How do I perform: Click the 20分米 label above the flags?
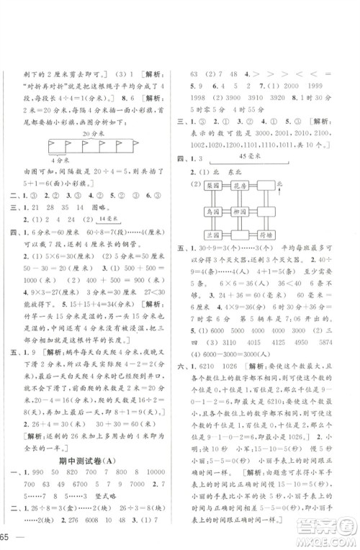(92, 133)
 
